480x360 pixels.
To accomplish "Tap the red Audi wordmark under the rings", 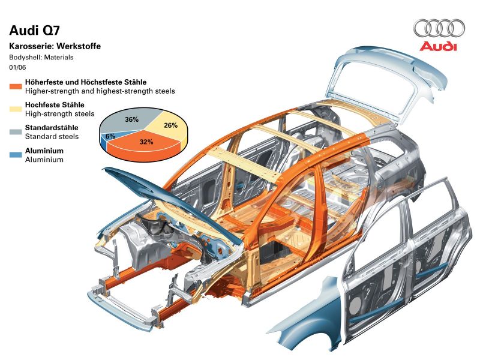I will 438,46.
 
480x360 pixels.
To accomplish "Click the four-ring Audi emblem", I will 439,28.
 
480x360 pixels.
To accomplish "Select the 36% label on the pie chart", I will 132,119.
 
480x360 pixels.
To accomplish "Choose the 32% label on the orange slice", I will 146,142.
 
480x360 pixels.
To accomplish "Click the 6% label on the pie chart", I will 110,136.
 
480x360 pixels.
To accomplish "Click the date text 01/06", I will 17,67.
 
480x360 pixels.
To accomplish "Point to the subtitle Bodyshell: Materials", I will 41,58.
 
